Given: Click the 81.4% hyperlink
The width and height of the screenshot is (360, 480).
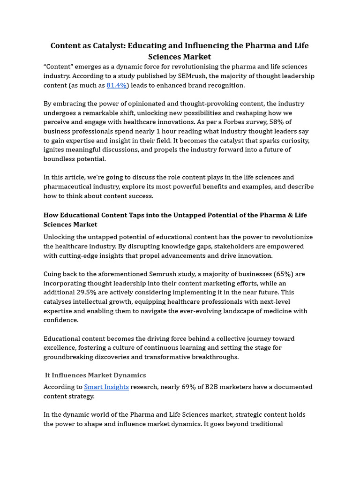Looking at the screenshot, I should [116, 85].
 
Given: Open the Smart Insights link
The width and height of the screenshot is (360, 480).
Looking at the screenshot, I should [106, 387].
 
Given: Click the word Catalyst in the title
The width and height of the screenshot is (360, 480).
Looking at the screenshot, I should [109, 45].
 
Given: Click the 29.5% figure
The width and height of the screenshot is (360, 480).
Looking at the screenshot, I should [87, 292].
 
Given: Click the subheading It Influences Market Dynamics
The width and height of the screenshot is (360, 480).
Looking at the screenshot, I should [95, 375].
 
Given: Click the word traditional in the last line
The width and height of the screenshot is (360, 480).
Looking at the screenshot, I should [265, 424].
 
